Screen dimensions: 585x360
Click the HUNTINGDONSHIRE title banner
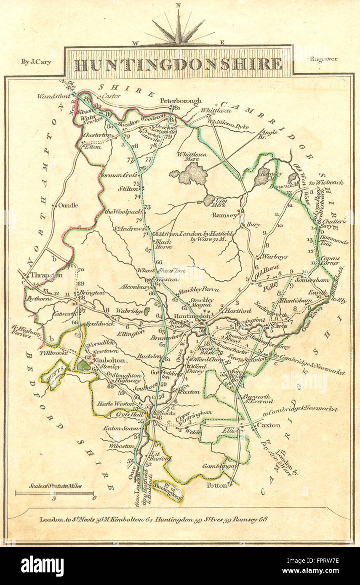(178, 64)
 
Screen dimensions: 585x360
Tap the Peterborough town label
(181, 101)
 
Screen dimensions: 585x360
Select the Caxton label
(269, 425)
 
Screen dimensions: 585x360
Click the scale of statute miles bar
(54, 493)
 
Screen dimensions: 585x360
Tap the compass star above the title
(179, 29)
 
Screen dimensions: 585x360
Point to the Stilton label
(120, 189)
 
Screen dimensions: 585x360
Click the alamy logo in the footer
(42, 566)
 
